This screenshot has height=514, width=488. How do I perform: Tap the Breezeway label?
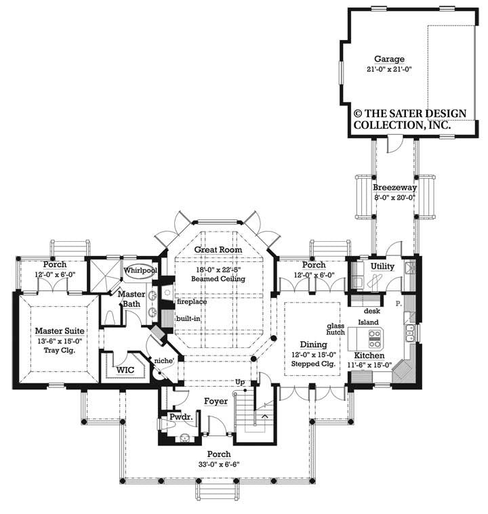[394, 187]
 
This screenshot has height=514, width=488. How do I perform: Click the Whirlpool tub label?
[140, 270]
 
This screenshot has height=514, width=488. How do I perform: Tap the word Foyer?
[216, 402]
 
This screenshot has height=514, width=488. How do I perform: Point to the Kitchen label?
[370, 355]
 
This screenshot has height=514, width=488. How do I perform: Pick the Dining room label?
[312, 344]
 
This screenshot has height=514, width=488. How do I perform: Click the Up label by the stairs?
[239, 383]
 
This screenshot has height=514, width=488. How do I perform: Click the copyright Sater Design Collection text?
[410, 119]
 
